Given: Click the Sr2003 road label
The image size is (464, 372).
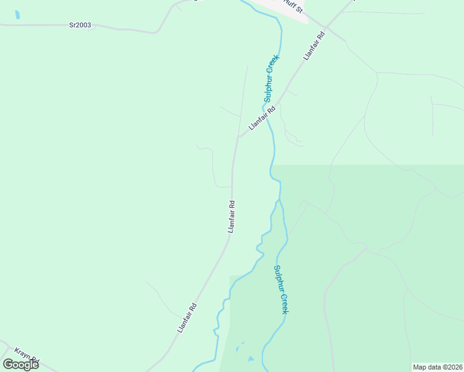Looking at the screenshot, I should pos(80,25).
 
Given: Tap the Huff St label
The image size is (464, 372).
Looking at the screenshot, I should pos(291,7).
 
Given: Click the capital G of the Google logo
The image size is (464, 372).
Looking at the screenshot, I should pos(9,365).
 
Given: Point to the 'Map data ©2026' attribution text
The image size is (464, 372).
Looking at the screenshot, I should pos(438,367).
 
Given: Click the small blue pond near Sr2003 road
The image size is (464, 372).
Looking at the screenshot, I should pos(17,14).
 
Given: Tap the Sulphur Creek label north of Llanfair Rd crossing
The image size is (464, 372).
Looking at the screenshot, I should pos(272,78).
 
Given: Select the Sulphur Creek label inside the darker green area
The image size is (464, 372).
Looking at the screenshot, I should pos(280,290).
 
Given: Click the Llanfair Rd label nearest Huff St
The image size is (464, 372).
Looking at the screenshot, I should pos(314,46).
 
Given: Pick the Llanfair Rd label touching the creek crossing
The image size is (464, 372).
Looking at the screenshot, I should pos(262,117).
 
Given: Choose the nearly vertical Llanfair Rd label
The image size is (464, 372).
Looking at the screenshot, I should pos(231,216).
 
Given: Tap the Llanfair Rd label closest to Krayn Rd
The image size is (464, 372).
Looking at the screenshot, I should pos(187,317).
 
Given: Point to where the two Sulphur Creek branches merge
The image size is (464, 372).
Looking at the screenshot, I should pos(279,200).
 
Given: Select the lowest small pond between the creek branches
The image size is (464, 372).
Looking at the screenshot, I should pos(251,359).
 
